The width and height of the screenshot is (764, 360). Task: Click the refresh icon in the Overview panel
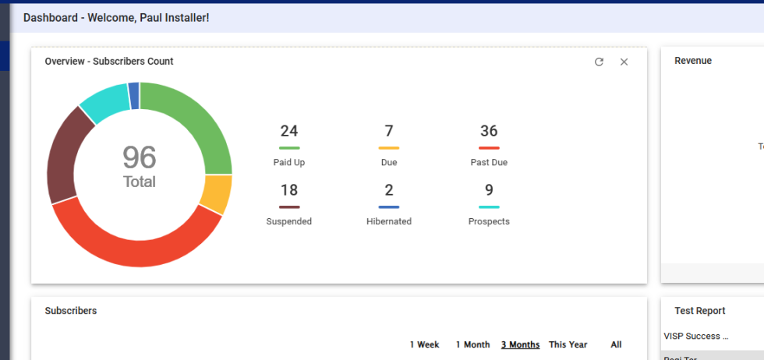tap(599, 62)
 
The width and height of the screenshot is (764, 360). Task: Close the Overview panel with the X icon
tap(624, 62)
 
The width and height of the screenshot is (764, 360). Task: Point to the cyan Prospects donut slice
tap(105, 101)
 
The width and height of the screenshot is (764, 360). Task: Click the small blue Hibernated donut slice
tap(134, 95)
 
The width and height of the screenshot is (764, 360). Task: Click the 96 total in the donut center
tap(140, 158)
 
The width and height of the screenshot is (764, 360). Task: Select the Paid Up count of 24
tap(289, 131)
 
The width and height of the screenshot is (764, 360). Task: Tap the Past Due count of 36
tap(489, 131)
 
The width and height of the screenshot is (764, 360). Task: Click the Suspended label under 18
tap(289, 221)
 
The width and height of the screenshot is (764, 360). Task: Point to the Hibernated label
tap(389, 221)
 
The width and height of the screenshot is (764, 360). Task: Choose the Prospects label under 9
tap(489, 221)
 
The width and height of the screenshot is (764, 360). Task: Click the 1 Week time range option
tap(425, 344)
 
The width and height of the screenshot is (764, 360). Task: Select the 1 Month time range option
tap(472, 344)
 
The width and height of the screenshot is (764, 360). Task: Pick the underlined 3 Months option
tap(520, 344)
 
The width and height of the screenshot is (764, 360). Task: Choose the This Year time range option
tap(568, 344)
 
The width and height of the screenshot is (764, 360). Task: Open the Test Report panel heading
tap(700, 311)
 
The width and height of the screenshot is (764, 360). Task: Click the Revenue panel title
tap(693, 61)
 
